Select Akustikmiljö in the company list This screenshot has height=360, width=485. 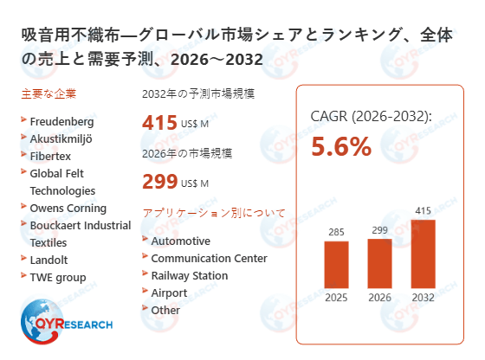[62, 138]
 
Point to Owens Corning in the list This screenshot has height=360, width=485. [68, 208]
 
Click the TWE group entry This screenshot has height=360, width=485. [58, 277]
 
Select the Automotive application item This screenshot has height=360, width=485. [180, 241]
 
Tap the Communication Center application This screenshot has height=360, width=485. [209, 258]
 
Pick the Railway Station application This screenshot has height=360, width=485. [190, 275]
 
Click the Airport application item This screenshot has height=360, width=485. [169, 292]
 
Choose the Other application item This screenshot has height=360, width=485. [165, 310]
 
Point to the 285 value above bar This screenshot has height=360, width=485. [336, 231]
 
